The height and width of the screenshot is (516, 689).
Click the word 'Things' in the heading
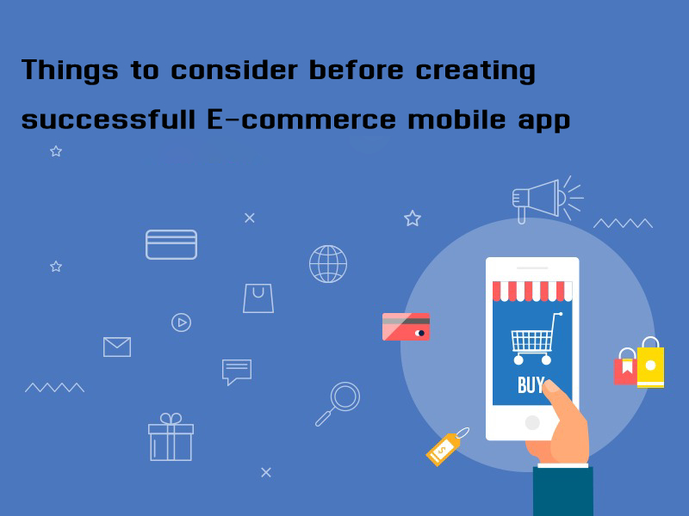coord(70,71)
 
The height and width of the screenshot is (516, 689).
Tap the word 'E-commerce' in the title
coord(301,120)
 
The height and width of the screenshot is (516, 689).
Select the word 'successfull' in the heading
coord(109,119)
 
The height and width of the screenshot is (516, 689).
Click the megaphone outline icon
coord(548,200)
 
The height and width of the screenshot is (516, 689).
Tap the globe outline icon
coord(328,264)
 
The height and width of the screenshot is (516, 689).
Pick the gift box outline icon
coord(171,437)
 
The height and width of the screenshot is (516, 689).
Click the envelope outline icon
coord(117,347)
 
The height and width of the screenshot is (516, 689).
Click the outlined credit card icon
coord(171,244)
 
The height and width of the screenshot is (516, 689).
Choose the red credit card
coord(406,327)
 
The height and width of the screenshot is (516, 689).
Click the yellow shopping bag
coord(651,364)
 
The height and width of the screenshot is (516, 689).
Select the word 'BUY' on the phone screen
coord(531,385)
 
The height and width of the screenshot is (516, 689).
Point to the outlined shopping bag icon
coord(258,298)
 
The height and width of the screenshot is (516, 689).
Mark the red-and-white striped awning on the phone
coord(532,292)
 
